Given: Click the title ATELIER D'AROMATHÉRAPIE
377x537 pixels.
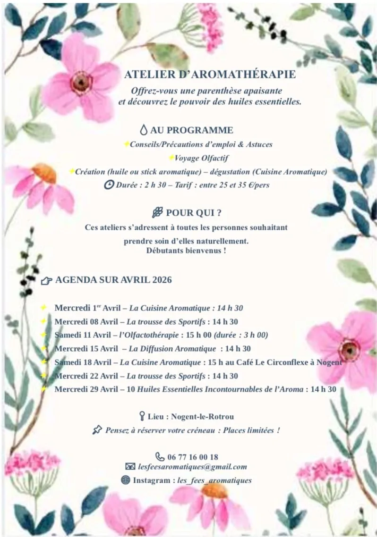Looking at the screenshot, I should click(210, 75).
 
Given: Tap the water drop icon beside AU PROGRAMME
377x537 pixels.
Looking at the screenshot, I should click(144, 130).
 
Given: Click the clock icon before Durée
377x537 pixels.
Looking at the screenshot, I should click(109, 185).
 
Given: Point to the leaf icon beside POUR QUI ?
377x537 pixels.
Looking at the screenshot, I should click(158, 212).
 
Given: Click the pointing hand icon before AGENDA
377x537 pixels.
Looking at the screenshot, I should click(46, 280).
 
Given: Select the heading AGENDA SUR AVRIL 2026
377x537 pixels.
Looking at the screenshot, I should click(113, 280).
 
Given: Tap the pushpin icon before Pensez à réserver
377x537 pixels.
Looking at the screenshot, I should click(97, 430).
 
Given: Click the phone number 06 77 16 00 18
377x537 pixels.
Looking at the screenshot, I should click(193, 457).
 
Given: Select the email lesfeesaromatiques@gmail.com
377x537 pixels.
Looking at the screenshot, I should click(192, 467).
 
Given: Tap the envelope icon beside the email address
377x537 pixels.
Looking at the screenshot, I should click(130, 467).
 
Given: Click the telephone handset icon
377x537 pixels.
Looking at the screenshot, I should click(160, 456).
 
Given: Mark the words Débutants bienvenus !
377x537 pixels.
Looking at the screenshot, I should click(186, 251).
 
